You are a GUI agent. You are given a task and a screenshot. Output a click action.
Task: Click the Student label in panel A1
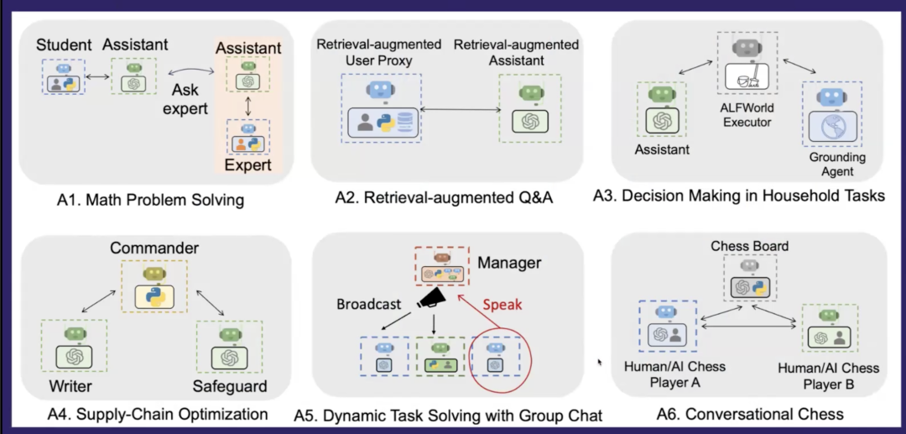[x=64, y=44]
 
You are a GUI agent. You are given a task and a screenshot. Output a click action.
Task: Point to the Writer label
[x=70, y=387]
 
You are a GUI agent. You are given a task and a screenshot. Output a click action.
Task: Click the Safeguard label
[x=229, y=387]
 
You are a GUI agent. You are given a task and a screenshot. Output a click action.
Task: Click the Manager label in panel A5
[x=509, y=263]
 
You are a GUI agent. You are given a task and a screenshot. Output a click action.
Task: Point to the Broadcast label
[x=368, y=304]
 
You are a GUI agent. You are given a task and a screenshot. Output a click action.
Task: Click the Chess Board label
[x=749, y=246]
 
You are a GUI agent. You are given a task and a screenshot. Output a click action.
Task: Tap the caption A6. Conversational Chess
[x=749, y=414]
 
